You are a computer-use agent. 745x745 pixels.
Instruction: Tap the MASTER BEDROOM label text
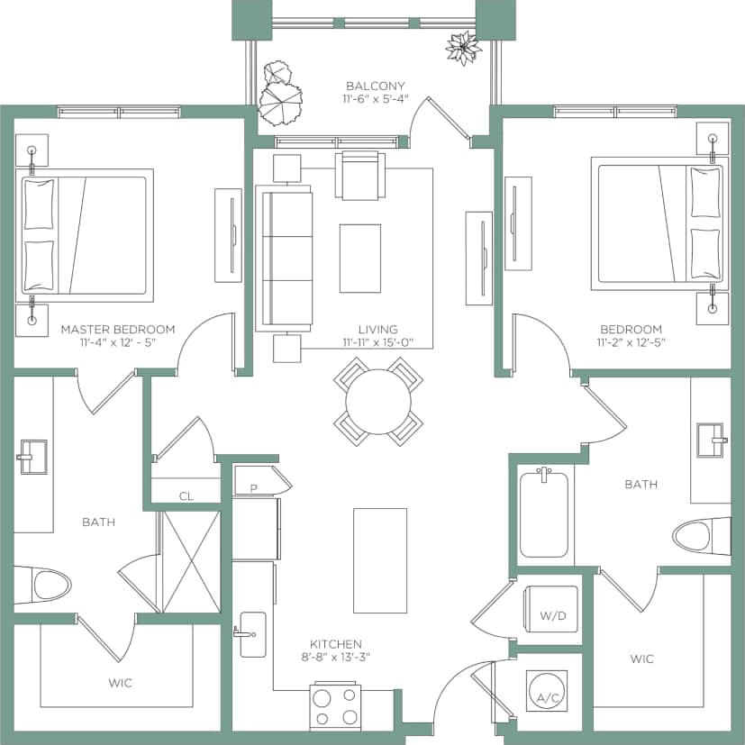point(118,330)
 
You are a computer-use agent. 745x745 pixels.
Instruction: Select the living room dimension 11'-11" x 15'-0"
point(377,342)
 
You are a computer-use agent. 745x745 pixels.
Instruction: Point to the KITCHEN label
point(336,644)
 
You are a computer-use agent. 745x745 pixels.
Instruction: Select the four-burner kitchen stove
point(336,706)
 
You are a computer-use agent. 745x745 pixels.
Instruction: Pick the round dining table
point(378,402)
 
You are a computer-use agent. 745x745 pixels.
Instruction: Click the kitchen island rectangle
point(373,549)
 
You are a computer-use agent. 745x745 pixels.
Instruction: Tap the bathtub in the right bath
point(543,513)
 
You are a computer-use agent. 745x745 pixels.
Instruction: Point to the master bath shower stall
point(190,562)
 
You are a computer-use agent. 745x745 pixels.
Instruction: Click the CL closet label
point(186,495)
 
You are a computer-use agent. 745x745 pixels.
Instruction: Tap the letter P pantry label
point(253,487)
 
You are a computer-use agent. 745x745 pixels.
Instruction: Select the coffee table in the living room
point(360,258)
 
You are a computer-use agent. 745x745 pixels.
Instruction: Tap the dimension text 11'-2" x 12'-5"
point(631,342)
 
